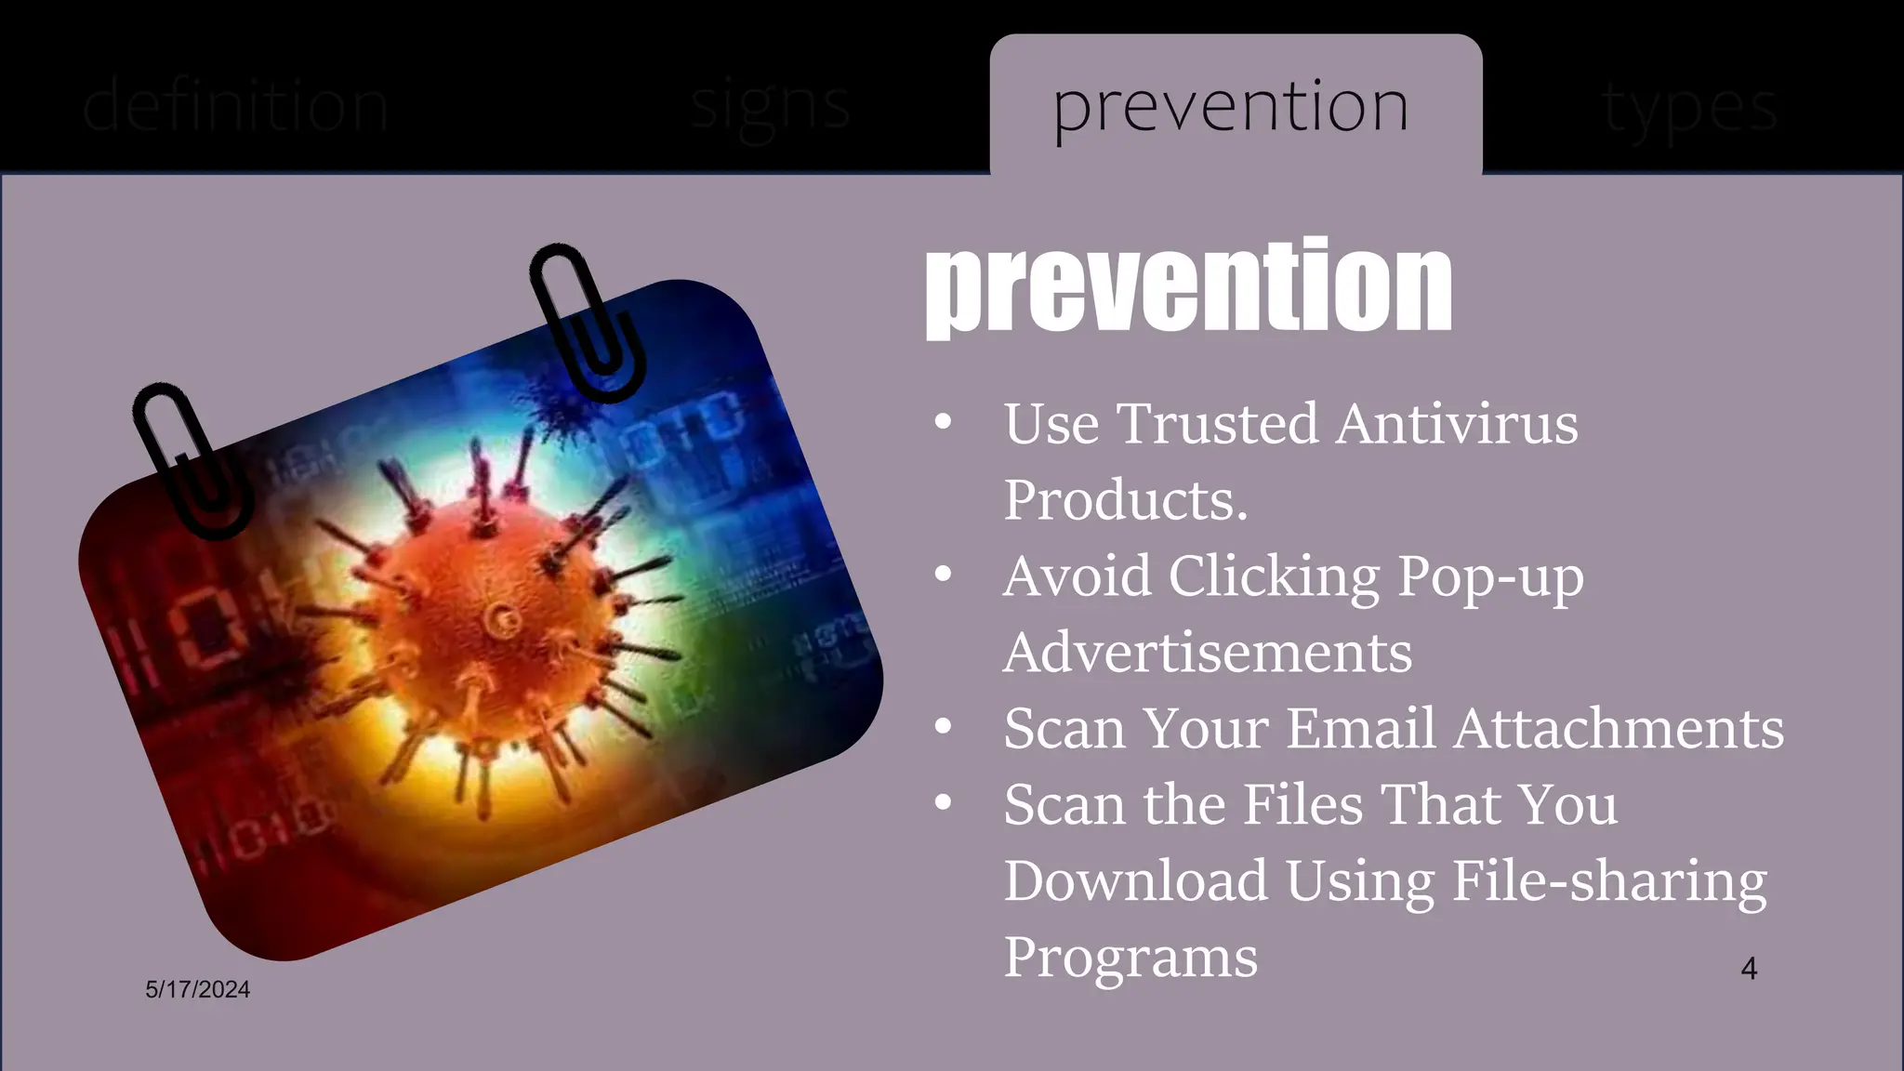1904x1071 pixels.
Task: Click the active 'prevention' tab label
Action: [1230, 107]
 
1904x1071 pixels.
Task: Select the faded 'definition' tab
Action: [234, 107]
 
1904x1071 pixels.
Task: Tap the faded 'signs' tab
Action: [770, 107]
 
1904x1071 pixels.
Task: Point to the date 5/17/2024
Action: [197, 989]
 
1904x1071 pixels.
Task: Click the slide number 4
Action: [1749, 969]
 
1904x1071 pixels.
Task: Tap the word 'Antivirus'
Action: [1457, 424]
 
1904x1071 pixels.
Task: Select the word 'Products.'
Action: [1125, 500]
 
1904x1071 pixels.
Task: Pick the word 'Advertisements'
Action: [1208, 653]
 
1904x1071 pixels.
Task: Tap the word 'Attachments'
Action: [1619, 728]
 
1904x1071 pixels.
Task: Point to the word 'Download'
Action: [1135, 880]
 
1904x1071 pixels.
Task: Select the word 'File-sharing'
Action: [1609, 880]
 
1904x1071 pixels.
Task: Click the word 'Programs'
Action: [1130, 957]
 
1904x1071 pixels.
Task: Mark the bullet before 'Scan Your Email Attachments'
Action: [943, 726]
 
